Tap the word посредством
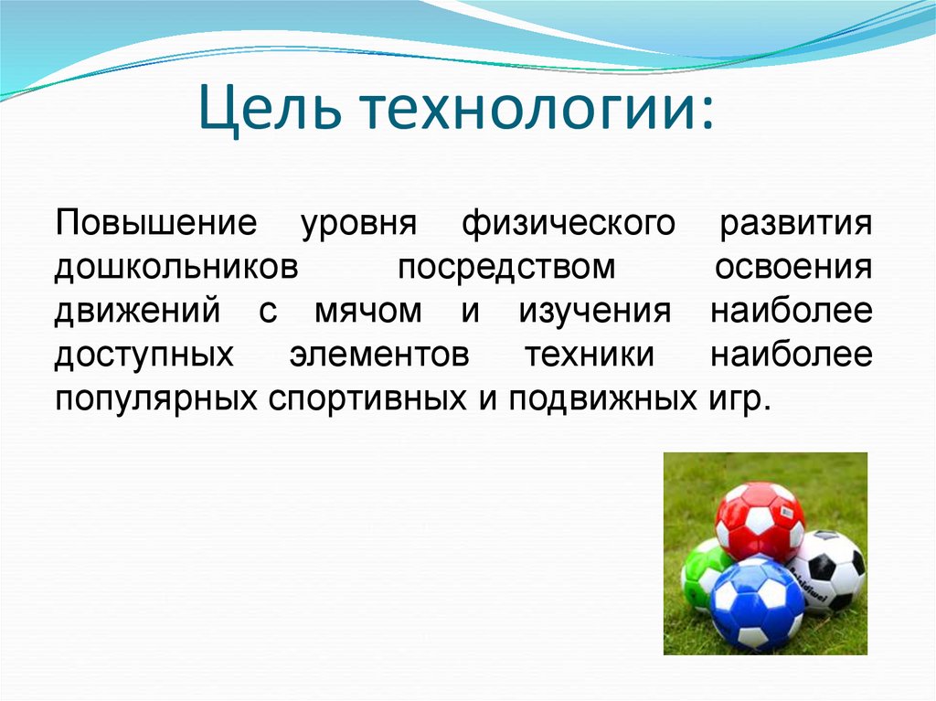tap(505, 268)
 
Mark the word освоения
tap(792, 268)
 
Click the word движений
tap(137, 312)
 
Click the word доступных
tap(144, 356)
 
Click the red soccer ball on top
tap(759, 520)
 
